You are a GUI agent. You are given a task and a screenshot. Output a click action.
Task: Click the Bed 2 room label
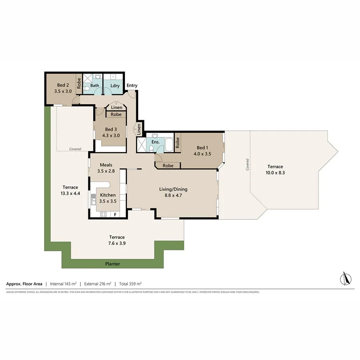click(x=63, y=85)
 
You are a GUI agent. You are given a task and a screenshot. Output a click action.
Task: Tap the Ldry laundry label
click(x=115, y=86)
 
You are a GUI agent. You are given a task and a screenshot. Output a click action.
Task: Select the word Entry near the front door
click(x=132, y=86)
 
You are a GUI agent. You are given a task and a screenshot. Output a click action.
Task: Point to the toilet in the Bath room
click(x=98, y=77)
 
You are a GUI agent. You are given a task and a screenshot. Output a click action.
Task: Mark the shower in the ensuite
click(x=142, y=145)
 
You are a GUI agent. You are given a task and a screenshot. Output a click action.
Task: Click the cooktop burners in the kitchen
click(x=104, y=214)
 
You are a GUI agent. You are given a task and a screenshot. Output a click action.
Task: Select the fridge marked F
click(x=116, y=214)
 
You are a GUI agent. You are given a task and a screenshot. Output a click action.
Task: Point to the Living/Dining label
click(x=173, y=189)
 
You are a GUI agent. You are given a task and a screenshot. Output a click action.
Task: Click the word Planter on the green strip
click(x=112, y=264)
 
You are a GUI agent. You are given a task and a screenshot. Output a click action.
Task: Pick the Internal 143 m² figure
click(x=63, y=284)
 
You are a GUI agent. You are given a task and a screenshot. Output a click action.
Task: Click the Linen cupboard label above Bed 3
click(x=116, y=108)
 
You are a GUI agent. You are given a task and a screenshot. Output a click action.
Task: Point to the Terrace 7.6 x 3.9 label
click(x=118, y=240)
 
